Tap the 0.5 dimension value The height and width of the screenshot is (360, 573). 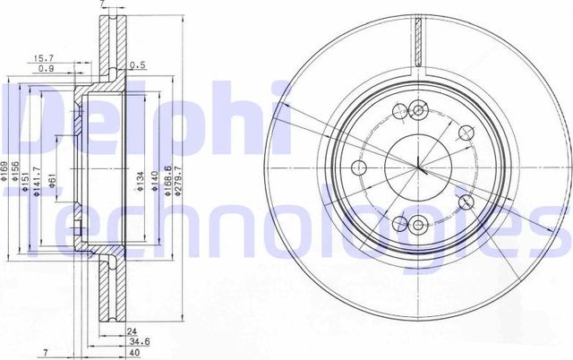coord(137,65)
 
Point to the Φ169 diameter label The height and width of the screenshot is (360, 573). coord(4,170)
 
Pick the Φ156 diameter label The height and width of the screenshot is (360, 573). coord(15,170)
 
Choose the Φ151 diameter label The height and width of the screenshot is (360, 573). coord(26,170)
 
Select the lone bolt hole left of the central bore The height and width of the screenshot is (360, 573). coord(358,169)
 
